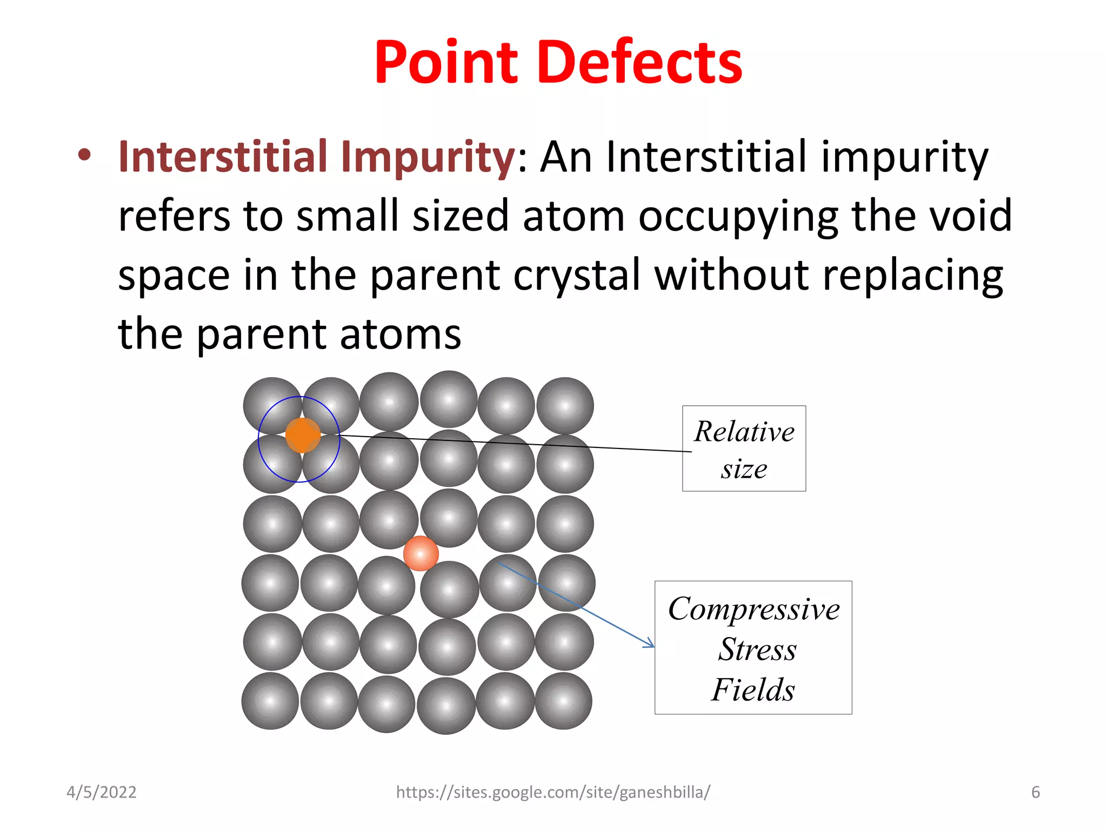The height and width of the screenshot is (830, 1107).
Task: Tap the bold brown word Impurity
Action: pos(428,157)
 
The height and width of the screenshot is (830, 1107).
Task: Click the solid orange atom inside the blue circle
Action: pos(303,435)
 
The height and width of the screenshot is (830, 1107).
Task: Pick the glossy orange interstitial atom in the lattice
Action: pos(421,553)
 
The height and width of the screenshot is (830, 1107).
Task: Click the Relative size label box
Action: pos(744,449)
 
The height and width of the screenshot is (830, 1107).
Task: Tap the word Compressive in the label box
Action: pos(753,609)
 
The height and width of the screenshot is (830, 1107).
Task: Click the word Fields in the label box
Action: pos(753,690)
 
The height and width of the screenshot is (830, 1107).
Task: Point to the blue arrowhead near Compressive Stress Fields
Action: pos(650,644)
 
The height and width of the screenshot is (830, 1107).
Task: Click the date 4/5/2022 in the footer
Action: pos(102,792)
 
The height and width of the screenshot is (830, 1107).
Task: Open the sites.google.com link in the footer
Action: pos(553,792)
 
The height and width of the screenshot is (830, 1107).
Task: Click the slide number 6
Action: pos(1035,792)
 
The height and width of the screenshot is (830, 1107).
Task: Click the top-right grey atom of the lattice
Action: pos(565,406)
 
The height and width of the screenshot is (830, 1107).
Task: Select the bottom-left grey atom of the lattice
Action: pos(270,701)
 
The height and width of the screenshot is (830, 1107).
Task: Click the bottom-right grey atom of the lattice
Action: pos(563,701)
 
